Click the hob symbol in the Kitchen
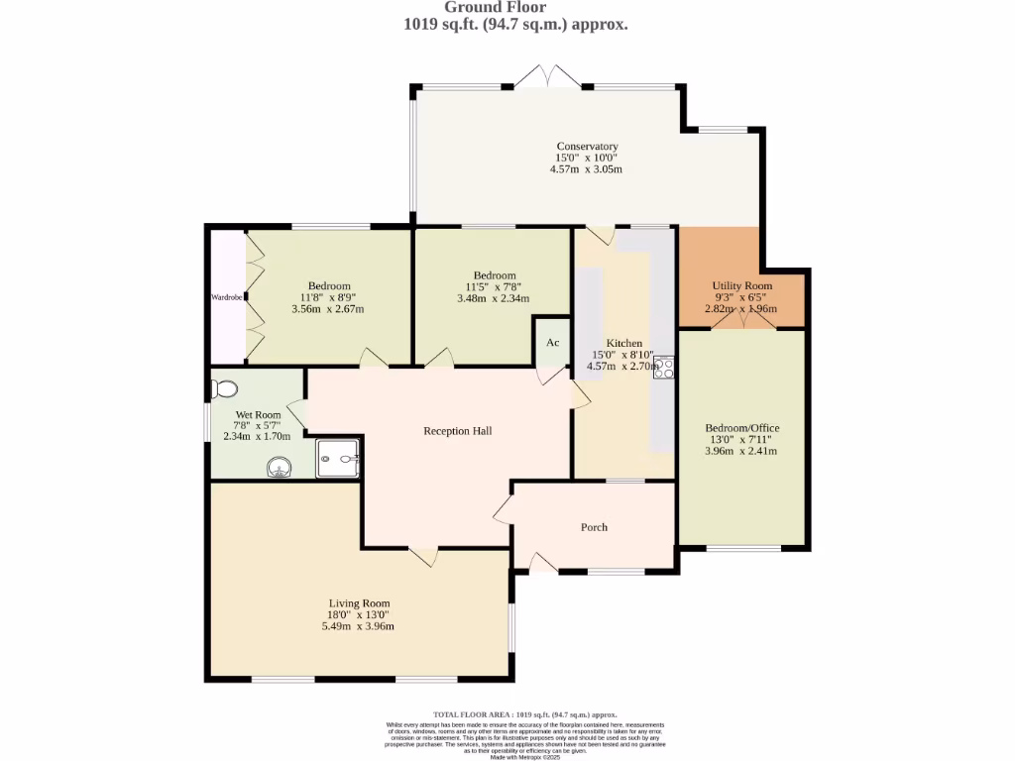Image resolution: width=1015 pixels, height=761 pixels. [663, 367]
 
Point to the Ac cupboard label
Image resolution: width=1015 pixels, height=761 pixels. [553, 343]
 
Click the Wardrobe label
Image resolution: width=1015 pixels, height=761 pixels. [226, 296]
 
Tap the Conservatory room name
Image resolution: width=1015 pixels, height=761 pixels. [587, 147]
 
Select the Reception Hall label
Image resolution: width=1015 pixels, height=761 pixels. [457, 431]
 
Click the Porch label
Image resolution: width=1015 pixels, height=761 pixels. [594, 527]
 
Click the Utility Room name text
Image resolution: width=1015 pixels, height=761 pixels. [741, 285]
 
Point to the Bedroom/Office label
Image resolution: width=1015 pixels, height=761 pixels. [741, 428]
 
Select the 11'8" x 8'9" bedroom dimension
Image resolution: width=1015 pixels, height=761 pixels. [328, 297]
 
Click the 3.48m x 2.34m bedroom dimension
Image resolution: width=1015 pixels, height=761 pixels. [493, 298]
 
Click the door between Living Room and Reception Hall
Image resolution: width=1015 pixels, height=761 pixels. [424, 557]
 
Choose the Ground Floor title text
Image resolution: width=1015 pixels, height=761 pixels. [508, 7]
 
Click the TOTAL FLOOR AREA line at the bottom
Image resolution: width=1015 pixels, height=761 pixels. [525, 714]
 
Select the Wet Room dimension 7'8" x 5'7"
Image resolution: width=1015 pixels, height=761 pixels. [258, 425]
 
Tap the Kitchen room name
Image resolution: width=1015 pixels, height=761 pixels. [624, 343]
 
